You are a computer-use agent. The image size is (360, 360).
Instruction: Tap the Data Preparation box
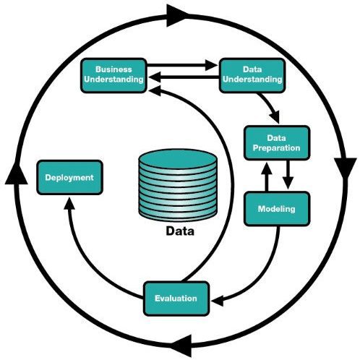tap(276, 142)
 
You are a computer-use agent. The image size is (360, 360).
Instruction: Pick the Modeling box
tap(276, 209)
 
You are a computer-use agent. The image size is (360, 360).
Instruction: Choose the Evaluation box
tap(176, 298)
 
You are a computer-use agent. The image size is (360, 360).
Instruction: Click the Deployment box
tap(69, 177)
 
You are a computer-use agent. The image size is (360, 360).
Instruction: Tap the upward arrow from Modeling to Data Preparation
tap(266, 176)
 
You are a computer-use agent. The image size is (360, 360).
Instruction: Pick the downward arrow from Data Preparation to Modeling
tap(287, 176)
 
